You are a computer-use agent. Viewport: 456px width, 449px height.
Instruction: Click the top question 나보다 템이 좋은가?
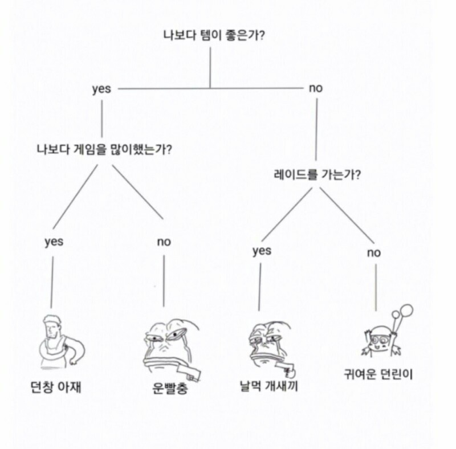[214, 35]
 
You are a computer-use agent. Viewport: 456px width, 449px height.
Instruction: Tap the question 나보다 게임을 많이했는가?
[104, 149]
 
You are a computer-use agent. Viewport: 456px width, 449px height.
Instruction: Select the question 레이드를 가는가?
[317, 174]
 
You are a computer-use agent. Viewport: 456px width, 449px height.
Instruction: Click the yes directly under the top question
[101, 89]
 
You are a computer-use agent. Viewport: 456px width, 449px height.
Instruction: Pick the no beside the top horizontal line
[316, 88]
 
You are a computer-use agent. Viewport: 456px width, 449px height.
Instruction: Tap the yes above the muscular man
[54, 242]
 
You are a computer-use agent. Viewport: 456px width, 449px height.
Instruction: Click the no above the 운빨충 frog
[164, 242]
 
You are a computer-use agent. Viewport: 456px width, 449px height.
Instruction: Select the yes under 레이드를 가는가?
[262, 251]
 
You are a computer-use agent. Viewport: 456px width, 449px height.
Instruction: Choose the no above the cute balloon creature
[374, 253]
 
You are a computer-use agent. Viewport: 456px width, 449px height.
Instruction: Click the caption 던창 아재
[55, 387]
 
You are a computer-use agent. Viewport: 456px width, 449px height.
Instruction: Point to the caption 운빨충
[170, 388]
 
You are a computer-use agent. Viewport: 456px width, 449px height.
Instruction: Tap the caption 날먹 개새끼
[268, 386]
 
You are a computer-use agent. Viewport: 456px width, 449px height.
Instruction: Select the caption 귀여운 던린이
[378, 374]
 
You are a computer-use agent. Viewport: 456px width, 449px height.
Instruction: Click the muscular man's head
[52, 326]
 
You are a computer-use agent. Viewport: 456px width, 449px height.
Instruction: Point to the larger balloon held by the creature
[406, 311]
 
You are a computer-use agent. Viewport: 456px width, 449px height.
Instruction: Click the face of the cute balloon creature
[381, 341]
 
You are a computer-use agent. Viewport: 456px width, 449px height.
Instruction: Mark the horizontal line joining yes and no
[210, 88]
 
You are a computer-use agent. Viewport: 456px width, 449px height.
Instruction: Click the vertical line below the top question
[210, 67]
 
